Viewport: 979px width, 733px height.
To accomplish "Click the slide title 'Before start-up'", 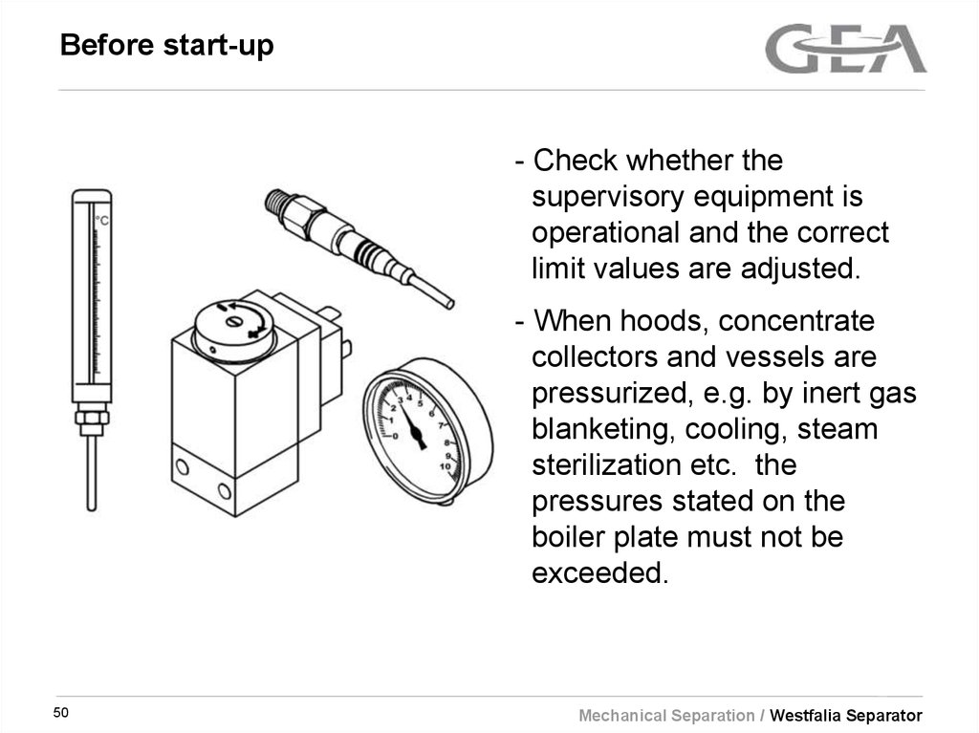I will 166,45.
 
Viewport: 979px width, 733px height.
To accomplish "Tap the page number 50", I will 63,714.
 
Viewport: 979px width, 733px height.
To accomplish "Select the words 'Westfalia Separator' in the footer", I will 846,716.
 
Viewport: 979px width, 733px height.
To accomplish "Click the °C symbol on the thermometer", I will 101,221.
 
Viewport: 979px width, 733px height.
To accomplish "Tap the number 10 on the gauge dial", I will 443,465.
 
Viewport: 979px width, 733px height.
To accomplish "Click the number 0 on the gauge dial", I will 396,435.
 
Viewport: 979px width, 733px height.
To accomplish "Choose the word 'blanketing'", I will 598,429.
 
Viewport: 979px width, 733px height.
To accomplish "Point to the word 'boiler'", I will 570,537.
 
